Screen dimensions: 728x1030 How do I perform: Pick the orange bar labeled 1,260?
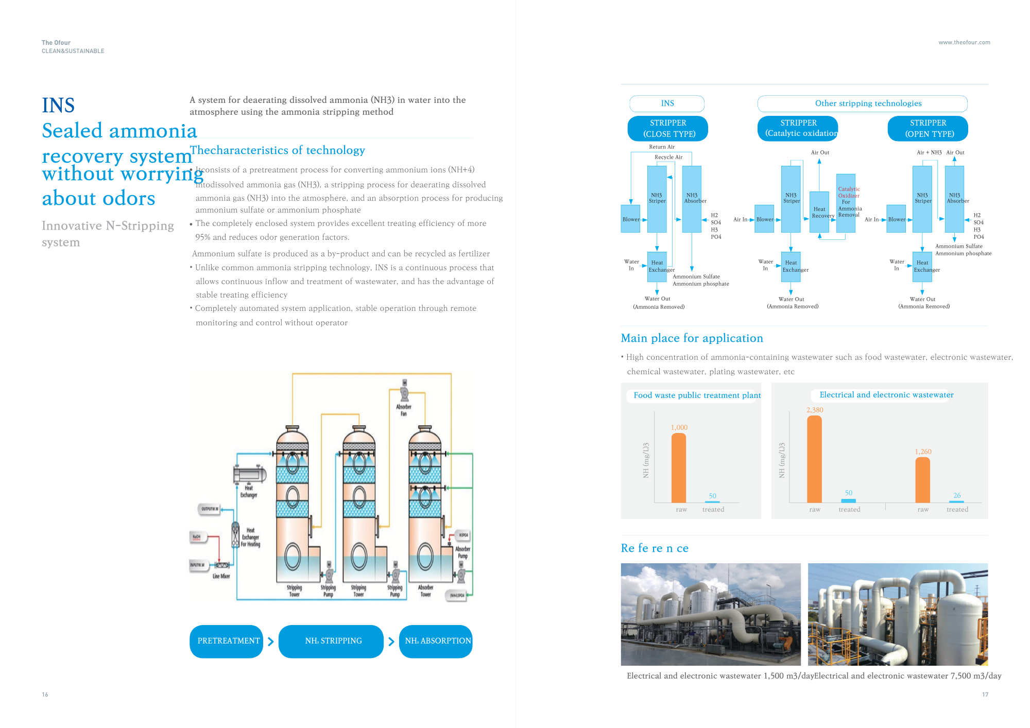[x=922, y=480]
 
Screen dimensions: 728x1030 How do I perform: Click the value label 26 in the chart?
[x=957, y=495]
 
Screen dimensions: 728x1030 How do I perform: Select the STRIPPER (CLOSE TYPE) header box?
[x=667, y=128]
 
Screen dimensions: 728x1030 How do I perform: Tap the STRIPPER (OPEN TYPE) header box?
[x=928, y=128]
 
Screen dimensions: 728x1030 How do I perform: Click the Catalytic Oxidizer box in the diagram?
[x=846, y=203]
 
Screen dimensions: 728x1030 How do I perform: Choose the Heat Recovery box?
[x=819, y=212]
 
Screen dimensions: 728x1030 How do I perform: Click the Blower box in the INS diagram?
[x=630, y=219]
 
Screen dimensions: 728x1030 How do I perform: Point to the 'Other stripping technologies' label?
[x=868, y=103]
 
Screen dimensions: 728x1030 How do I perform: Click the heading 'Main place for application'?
[x=692, y=338]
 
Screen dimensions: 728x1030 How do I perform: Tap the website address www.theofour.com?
[x=964, y=43]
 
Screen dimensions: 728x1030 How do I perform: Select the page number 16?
[x=45, y=695]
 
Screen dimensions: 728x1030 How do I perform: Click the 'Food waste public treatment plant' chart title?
[x=697, y=395]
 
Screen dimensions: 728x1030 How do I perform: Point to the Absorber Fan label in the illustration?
[x=404, y=410]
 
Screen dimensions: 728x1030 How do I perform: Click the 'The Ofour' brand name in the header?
[x=56, y=43]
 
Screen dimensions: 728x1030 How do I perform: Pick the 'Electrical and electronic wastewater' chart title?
[x=886, y=395]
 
